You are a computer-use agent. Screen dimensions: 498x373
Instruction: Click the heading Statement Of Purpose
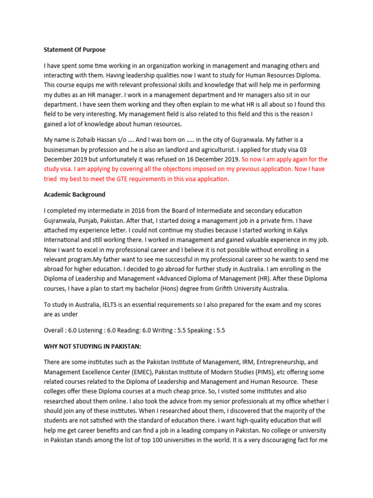74,50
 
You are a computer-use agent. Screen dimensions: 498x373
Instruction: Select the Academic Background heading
74,195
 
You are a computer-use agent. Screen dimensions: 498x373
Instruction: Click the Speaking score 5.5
220,330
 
